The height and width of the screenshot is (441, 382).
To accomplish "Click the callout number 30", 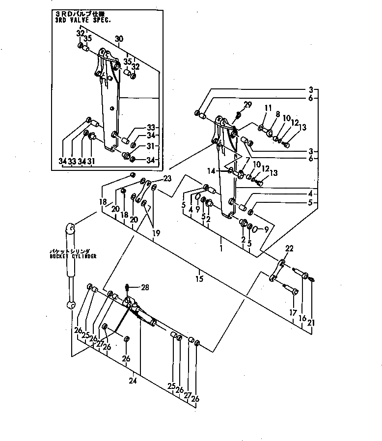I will pos(119,39).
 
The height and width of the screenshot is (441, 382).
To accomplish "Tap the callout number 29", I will pos(247,105).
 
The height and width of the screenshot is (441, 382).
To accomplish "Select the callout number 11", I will pos(268,109).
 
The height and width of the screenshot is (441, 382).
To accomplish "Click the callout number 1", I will pos(221,249).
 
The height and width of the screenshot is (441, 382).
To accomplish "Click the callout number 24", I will pos(133,380).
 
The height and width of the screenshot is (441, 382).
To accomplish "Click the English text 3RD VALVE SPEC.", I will pos(84,20).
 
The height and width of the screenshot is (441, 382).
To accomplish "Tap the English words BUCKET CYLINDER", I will pos(73,256).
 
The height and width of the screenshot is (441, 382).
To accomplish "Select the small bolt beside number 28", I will pos(128,287).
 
